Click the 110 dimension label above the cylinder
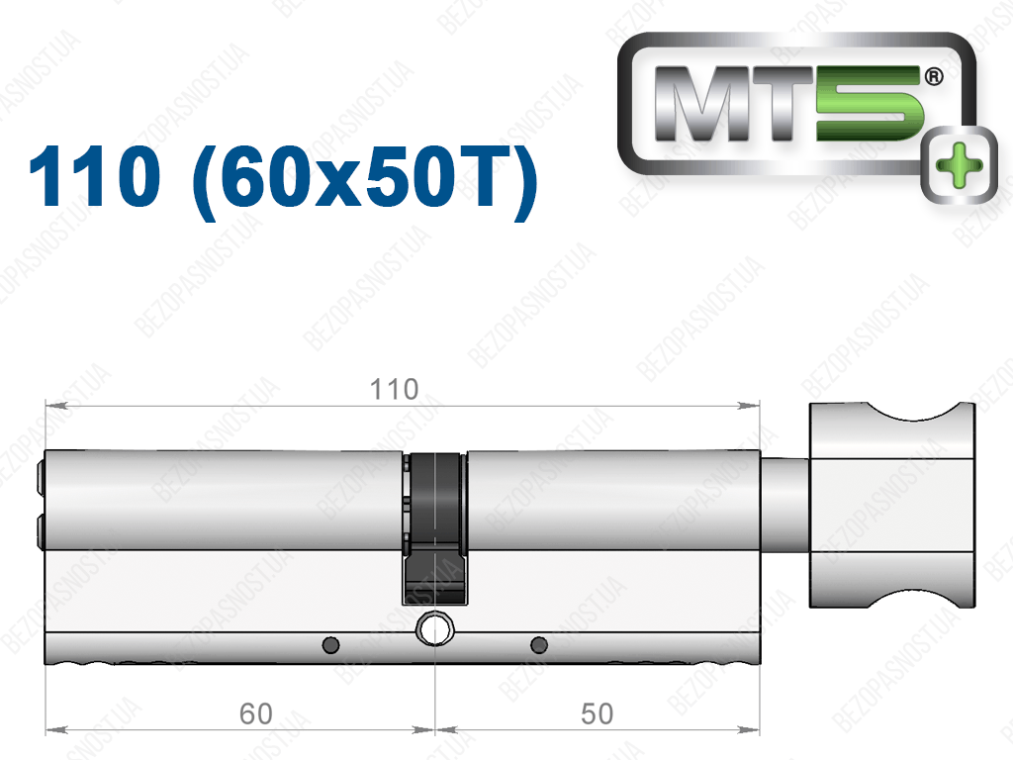pyautogui.click(x=394, y=390)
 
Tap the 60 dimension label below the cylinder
pyautogui.click(x=256, y=713)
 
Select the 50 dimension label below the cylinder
pyautogui.click(x=597, y=713)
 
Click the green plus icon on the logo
pyautogui.click(x=960, y=165)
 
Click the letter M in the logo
pyautogui.click(x=704, y=103)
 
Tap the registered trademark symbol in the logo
pyautogui.click(x=934, y=77)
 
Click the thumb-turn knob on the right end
pyautogui.click(x=891, y=505)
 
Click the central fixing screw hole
pyautogui.click(x=435, y=628)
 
